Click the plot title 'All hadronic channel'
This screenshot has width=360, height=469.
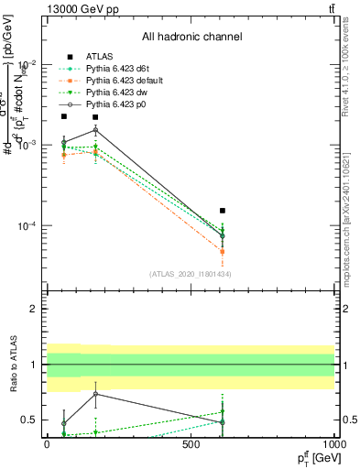[x=191, y=37]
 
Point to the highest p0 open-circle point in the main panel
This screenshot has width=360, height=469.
[x=95, y=130]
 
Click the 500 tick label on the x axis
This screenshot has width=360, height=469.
[x=191, y=444]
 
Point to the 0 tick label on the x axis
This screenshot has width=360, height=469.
[x=47, y=444]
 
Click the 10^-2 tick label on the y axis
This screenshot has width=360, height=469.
[x=27, y=64]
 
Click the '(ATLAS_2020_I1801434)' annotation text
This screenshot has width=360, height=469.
[x=191, y=274]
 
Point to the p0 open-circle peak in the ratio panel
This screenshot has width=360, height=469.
[x=95, y=394]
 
